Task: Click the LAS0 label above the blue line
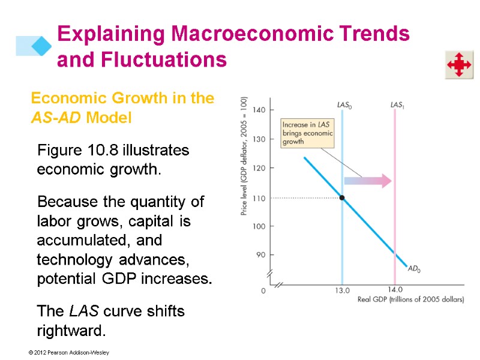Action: pyautogui.click(x=344, y=104)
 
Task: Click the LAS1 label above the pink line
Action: pyautogui.click(x=397, y=104)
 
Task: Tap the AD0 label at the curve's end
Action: pyautogui.click(x=414, y=269)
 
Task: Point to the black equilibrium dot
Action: pyautogui.click(x=342, y=197)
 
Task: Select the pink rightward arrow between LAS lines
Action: pyautogui.click(x=368, y=181)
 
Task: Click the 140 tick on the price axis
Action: pyautogui.click(x=259, y=110)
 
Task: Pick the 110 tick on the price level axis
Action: pyautogui.click(x=259, y=197)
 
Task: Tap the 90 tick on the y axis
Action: pyautogui.click(x=260, y=255)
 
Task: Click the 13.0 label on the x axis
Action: pyautogui.click(x=342, y=290)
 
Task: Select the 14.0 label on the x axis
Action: pyautogui.click(x=395, y=290)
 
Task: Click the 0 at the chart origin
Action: pyautogui.click(x=263, y=290)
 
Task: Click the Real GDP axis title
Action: pyautogui.click(x=410, y=299)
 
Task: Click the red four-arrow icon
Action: pyautogui.click(x=458, y=64)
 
